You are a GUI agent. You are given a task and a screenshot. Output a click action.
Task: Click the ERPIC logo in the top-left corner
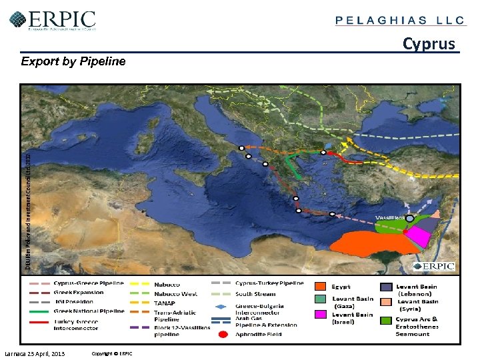tap(53, 19)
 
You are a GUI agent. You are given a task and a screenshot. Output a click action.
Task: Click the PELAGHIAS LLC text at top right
tap(400, 20)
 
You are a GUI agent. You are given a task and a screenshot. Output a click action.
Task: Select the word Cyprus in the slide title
tap(429, 44)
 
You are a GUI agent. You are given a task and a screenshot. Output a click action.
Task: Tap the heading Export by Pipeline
tap(73, 61)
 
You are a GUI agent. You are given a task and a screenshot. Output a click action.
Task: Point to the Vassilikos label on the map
tap(389, 217)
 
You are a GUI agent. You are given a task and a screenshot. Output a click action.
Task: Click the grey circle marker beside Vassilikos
tap(410, 218)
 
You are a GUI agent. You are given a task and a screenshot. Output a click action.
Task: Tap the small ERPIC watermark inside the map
tap(434, 267)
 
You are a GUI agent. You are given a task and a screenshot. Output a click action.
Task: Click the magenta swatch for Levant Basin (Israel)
tap(320, 315)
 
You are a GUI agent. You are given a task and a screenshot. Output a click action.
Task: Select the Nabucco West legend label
tap(176, 293)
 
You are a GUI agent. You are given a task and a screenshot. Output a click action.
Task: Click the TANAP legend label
tap(165, 303)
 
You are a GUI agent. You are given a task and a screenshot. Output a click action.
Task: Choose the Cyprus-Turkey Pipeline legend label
tap(269, 283)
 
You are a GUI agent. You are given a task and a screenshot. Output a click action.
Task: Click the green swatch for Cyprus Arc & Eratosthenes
tap(385, 321)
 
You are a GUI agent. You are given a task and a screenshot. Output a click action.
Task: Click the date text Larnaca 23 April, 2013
tap(35, 353)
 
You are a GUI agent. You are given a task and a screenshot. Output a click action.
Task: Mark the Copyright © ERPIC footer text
tap(112, 353)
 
